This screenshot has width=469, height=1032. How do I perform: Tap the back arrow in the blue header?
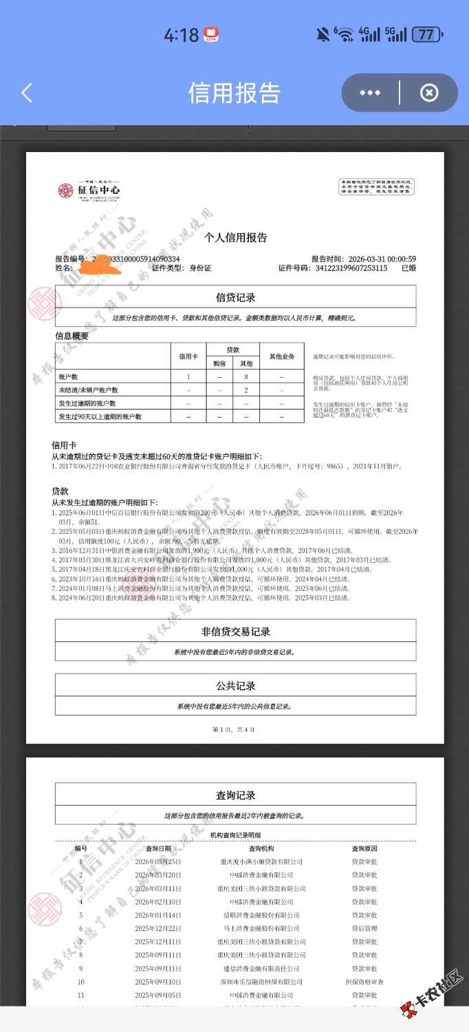pos(27,93)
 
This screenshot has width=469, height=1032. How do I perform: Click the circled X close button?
pos(429,93)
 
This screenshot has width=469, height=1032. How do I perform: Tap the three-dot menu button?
pos(370,93)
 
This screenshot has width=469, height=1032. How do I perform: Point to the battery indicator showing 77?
pos(426,34)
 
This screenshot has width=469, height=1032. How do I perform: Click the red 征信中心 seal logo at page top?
pos(65,190)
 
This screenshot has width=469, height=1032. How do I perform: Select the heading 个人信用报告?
pos(235,237)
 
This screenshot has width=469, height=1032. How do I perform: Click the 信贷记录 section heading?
pos(235,297)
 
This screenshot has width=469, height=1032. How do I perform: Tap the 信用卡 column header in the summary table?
pos(188,356)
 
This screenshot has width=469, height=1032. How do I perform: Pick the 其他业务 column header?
pos(281,356)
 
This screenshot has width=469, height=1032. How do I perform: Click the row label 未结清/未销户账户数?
pos(89,390)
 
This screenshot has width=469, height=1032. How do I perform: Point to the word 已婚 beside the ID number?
pos(408,268)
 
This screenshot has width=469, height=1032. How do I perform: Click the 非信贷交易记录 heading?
pos(235,632)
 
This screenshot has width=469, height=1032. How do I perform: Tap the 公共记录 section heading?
pos(235,686)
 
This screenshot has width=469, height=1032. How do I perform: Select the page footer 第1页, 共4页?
pos(234,729)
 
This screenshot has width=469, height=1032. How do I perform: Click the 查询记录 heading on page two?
pos(235,795)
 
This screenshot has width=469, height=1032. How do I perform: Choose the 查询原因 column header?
pos(364,848)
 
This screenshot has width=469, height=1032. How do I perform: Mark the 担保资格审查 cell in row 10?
pos(364,982)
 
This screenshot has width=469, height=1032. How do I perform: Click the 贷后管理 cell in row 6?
pos(364,928)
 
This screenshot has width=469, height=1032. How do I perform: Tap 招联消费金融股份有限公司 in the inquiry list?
pos(261,915)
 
